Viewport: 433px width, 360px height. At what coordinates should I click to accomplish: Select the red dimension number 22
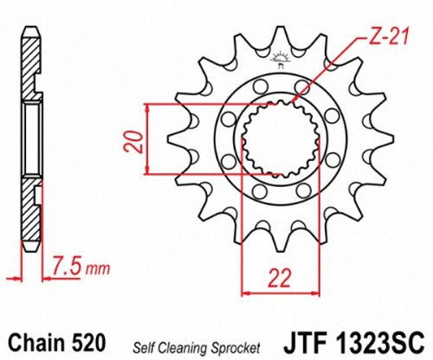pyautogui.click(x=280, y=279)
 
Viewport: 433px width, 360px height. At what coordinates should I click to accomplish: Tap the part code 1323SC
pyautogui.click(x=379, y=343)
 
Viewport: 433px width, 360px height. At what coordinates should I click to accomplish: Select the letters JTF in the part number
pyautogui.click(x=307, y=343)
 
